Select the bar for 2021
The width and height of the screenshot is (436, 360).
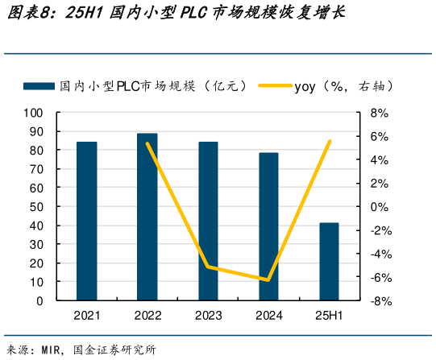click(87, 221)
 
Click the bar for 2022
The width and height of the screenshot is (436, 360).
click(147, 217)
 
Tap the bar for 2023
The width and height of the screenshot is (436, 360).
click(208, 221)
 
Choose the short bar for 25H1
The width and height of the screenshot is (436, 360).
click(329, 262)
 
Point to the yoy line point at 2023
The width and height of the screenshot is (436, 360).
click(208, 267)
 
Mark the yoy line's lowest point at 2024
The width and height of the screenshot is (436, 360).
click(268, 280)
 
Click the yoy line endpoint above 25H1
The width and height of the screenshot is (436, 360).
click(330, 142)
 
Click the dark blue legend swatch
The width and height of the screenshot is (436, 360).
click(39, 85)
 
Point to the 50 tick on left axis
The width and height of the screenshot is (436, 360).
click(36, 207)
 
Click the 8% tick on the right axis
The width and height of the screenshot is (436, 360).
click(380, 113)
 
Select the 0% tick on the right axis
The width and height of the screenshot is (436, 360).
click(380, 207)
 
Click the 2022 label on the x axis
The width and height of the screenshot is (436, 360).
click(147, 317)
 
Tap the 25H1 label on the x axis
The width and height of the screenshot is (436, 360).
click(329, 317)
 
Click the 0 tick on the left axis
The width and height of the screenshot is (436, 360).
click(39, 301)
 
